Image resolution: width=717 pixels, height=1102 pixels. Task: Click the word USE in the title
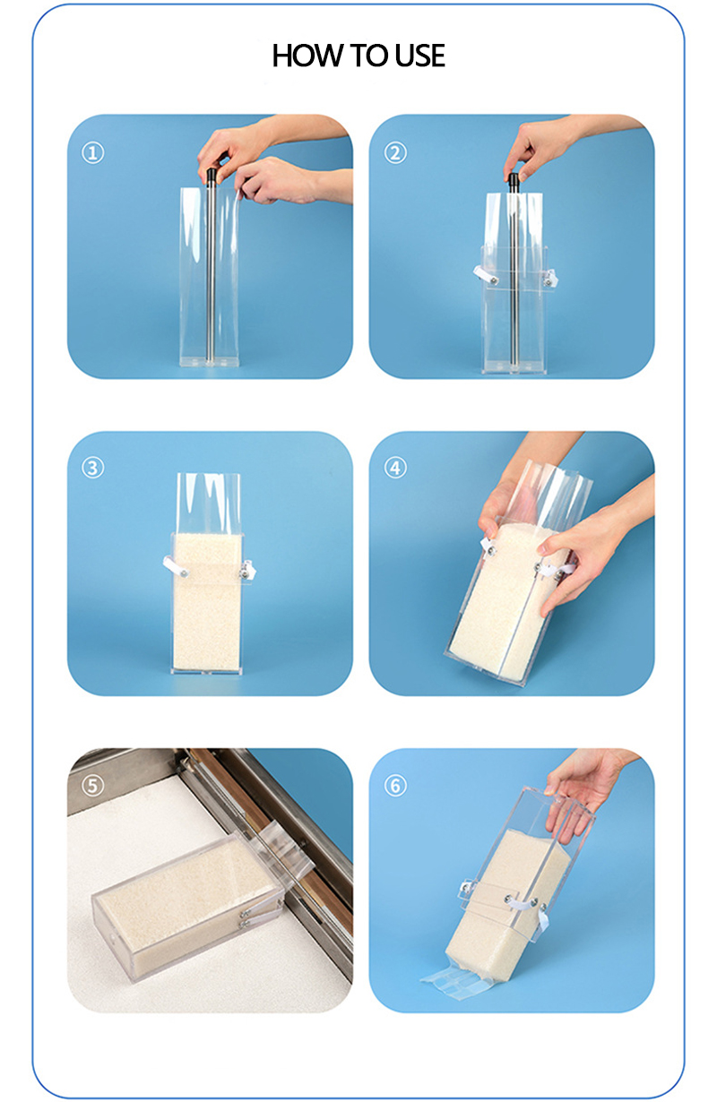pyautogui.click(x=419, y=56)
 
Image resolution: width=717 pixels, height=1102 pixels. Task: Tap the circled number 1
pyautogui.click(x=92, y=153)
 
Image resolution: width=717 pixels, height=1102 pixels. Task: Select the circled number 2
pyautogui.click(x=395, y=153)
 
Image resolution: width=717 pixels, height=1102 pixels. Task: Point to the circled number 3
pyautogui.click(x=92, y=468)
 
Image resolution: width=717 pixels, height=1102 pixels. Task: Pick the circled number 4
pyautogui.click(x=395, y=468)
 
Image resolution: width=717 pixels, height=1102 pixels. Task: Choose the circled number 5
pyautogui.click(x=92, y=785)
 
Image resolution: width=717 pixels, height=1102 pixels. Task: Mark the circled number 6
pyautogui.click(x=395, y=785)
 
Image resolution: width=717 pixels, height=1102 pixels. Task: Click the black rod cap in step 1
pyautogui.click(x=212, y=176)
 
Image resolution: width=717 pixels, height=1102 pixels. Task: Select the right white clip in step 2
pyautogui.click(x=550, y=279)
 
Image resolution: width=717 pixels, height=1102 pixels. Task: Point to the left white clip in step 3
pyautogui.click(x=175, y=566)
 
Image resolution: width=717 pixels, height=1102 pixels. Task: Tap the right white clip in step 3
pyautogui.click(x=247, y=570)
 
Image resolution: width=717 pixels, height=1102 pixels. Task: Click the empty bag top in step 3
pyautogui.click(x=208, y=503)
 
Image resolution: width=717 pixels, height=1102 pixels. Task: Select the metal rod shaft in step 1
pyautogui.click(x=212, y=273)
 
